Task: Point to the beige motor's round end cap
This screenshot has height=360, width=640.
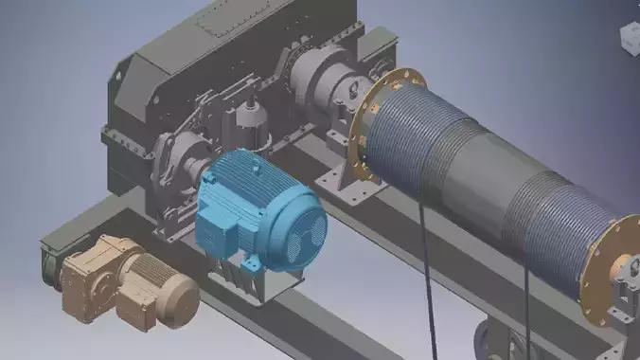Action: click(x=175, y=297)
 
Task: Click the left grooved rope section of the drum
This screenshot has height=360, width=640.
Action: click(x=417, y=142)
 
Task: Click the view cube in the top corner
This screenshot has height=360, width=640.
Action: click(x=631, y=36)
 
